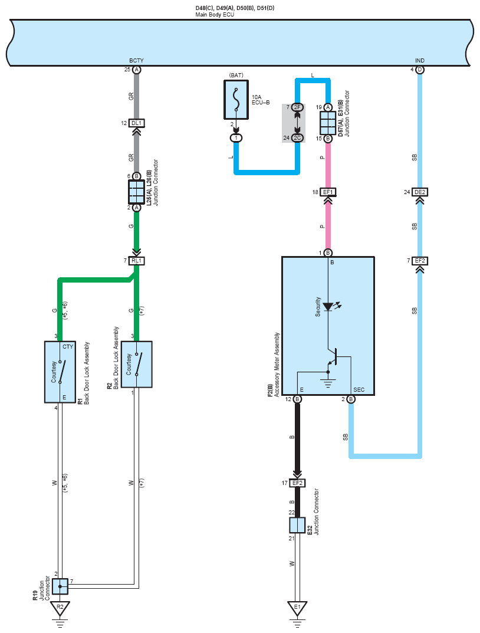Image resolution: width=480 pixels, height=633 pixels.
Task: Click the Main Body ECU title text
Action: (x=215, y=15)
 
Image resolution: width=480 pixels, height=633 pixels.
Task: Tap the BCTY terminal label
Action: (x=136, y=61)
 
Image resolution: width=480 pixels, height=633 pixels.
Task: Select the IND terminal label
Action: (x=419, y=61)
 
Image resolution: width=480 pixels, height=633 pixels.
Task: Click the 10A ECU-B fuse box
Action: (x=236, y=100)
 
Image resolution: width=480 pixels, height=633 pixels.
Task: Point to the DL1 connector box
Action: (x=136, y=123)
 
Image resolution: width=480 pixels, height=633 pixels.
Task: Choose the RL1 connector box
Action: (x=136, y=261)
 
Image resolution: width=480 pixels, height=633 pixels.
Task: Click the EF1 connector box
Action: (x=328, y=192)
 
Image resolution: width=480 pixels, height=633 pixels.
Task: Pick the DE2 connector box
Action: (x=420, y=192)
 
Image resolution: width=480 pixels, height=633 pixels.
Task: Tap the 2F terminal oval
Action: (x=297, y=107)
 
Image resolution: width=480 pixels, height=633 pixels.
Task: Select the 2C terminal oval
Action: (x=297, y=138)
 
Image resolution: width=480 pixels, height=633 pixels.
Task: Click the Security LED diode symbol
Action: (x=328, y=307)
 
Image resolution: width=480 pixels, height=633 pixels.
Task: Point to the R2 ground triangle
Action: (x=60, y=608)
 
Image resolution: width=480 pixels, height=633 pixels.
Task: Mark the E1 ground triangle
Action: (x=297, y=608)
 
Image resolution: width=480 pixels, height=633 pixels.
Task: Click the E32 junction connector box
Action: (x=297, y=525)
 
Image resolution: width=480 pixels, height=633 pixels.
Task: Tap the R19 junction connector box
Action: (x=60, y=586)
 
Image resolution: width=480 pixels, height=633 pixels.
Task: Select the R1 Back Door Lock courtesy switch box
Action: (x=60, y=372)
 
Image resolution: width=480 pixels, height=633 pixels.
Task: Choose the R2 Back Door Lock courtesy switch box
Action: (x=136, y=365)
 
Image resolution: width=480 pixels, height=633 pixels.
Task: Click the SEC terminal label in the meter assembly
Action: (x=359, y=389)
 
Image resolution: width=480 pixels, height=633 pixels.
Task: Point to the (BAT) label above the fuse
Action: (x=236, y=76)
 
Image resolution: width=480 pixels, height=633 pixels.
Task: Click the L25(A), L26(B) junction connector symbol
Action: (x=136, y=192)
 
